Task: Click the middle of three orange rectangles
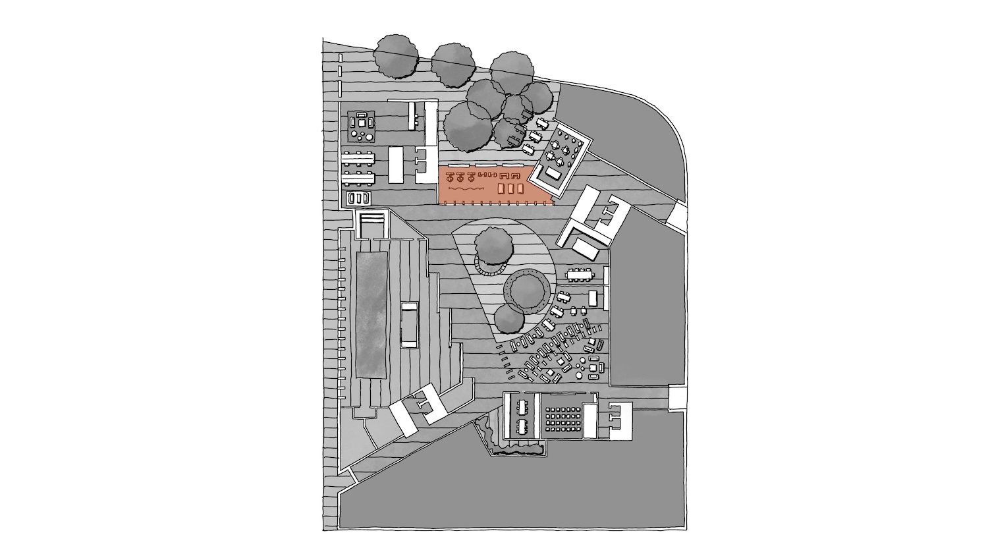510,189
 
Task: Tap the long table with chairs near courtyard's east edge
584,273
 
